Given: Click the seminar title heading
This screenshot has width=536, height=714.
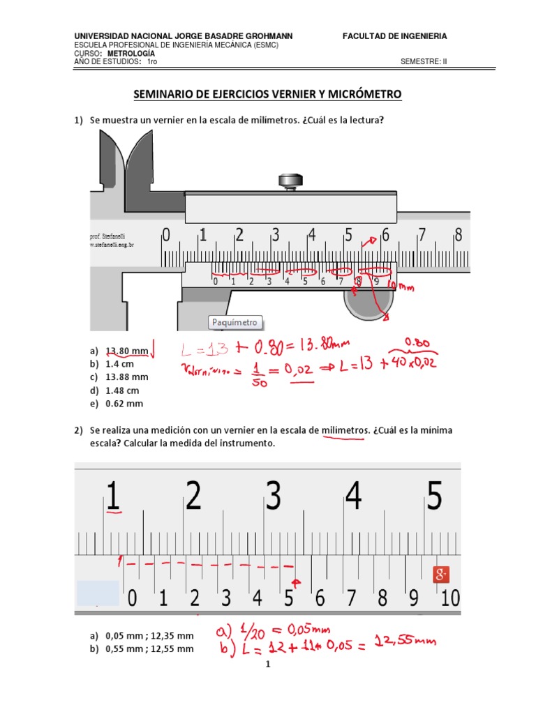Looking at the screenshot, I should (268, 94).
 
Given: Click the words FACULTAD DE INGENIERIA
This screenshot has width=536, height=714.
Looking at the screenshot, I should (394, 36).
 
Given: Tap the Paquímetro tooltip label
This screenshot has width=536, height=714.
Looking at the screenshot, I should (236, 322).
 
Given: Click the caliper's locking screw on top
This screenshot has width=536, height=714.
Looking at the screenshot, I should (290, 181).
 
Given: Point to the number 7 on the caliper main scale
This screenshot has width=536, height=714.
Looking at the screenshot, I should (422, 235).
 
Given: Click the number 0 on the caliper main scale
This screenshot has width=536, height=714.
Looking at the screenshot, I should (165, 235).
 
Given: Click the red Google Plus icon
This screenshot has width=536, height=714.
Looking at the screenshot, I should (440, 575).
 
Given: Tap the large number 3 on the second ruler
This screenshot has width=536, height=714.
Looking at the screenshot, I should (274, 496).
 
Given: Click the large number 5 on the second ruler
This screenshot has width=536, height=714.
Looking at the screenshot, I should (435, 496).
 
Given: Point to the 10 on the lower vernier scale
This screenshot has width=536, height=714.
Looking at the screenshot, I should (450, 598).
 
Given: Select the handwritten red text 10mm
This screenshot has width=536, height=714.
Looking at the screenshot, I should (400, 287).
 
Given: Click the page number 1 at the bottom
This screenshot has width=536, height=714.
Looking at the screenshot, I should (267, 665).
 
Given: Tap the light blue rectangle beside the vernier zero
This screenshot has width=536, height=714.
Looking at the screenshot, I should (98, 593).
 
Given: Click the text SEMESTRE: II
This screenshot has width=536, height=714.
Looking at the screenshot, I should (424, 61).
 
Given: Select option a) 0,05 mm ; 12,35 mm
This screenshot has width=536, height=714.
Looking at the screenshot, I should (142, 636).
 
